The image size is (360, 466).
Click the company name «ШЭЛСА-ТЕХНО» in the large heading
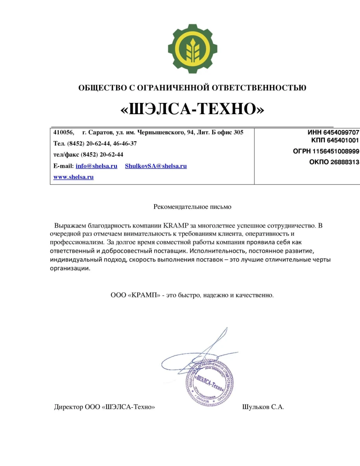[192, 110]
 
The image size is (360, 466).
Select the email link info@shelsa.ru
[96, 166]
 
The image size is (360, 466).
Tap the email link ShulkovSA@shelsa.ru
[156, 166]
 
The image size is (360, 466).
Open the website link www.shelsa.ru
[73, 177]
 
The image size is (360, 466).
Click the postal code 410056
[63, 132]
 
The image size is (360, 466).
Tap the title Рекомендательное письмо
[192, 207]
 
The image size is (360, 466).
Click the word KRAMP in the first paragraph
[176, 225]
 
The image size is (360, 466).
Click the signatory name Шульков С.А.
[263, 407]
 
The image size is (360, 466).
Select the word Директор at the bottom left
[68, 407]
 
